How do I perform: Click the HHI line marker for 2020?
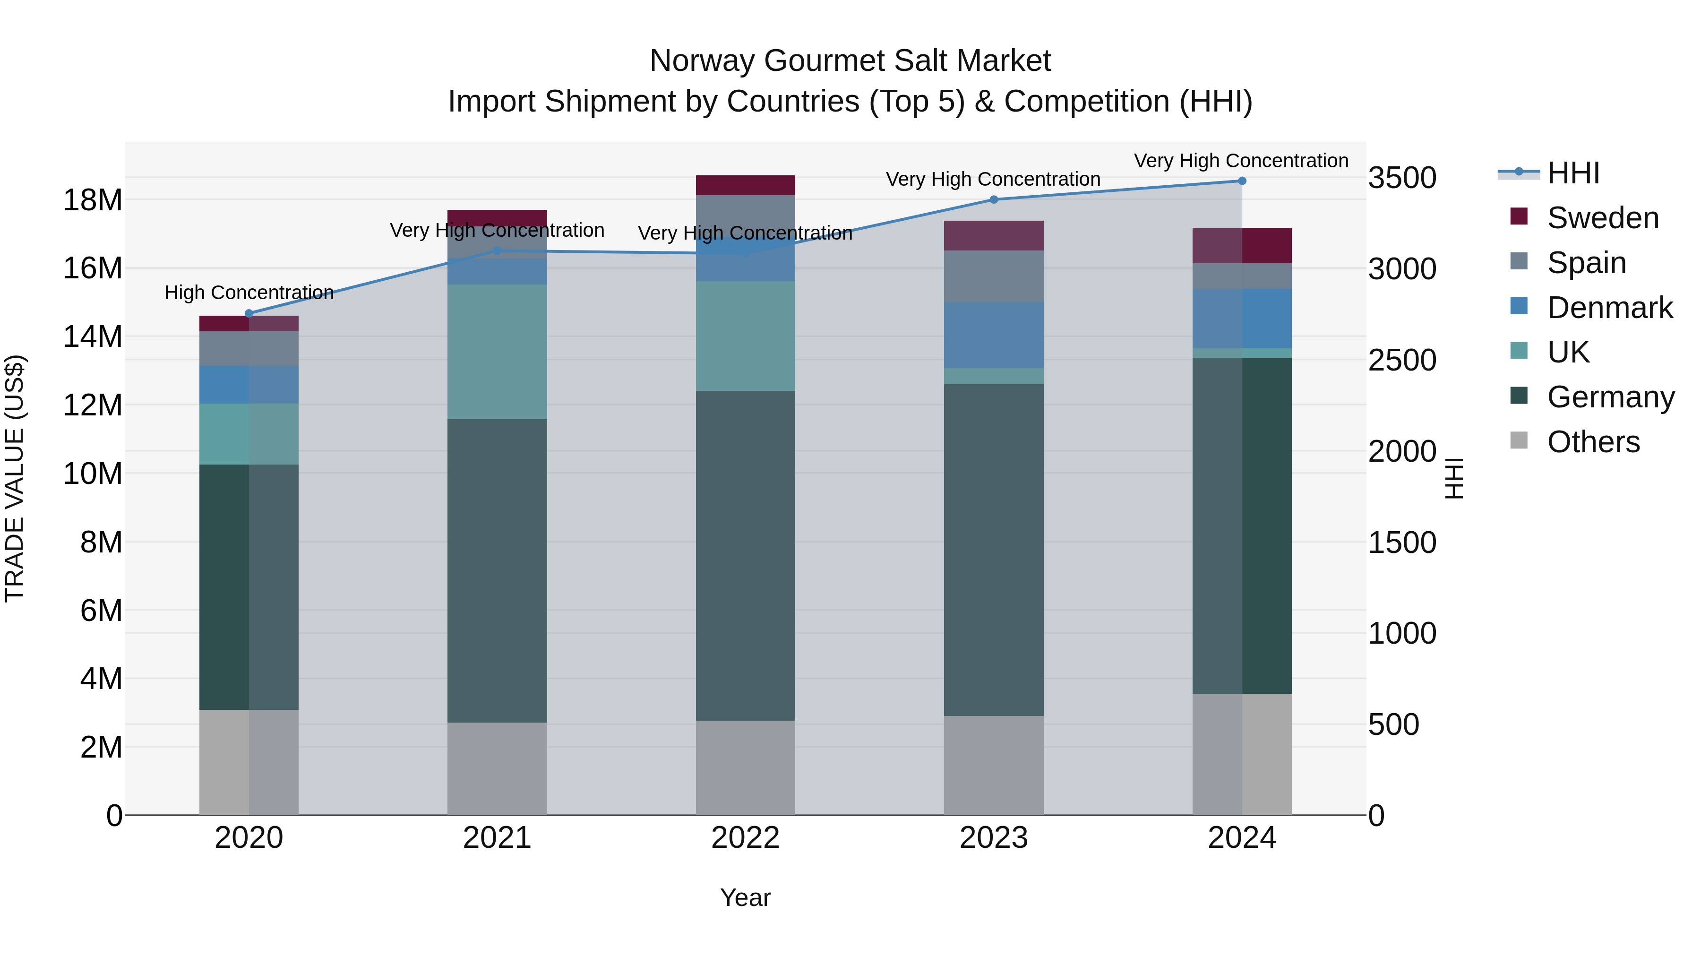[x=249, y=314]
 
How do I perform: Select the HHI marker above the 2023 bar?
[x=994, y=199]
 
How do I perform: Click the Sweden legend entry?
[x=1602, y=218]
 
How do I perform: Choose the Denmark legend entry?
[x=1609, y=308]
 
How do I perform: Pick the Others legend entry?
[x=1593, y=442]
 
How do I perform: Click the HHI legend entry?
[x=1573, y=173]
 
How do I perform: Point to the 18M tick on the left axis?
[x=93, y=199]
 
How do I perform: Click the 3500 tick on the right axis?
[x=1402, y=178]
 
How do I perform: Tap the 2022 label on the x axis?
[x=746, y=838]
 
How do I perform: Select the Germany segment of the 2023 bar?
[x=994, y=550]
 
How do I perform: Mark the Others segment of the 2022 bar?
[x=746, y=767]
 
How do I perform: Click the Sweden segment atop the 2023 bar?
[x=994, y=236]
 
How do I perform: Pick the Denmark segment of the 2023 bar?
[x=994, y=335]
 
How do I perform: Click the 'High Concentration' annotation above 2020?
[x=249, y=293]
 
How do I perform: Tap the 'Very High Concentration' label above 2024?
[x=1241, y=161]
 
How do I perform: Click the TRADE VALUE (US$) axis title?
[x=15, y=478]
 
